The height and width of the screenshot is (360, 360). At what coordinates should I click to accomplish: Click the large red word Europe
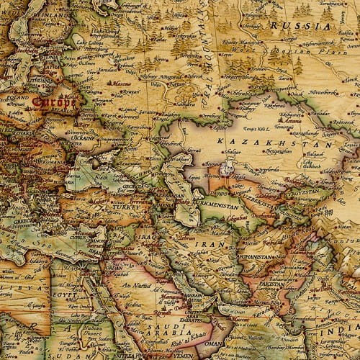pyautogui.click(x=54, y=102)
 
